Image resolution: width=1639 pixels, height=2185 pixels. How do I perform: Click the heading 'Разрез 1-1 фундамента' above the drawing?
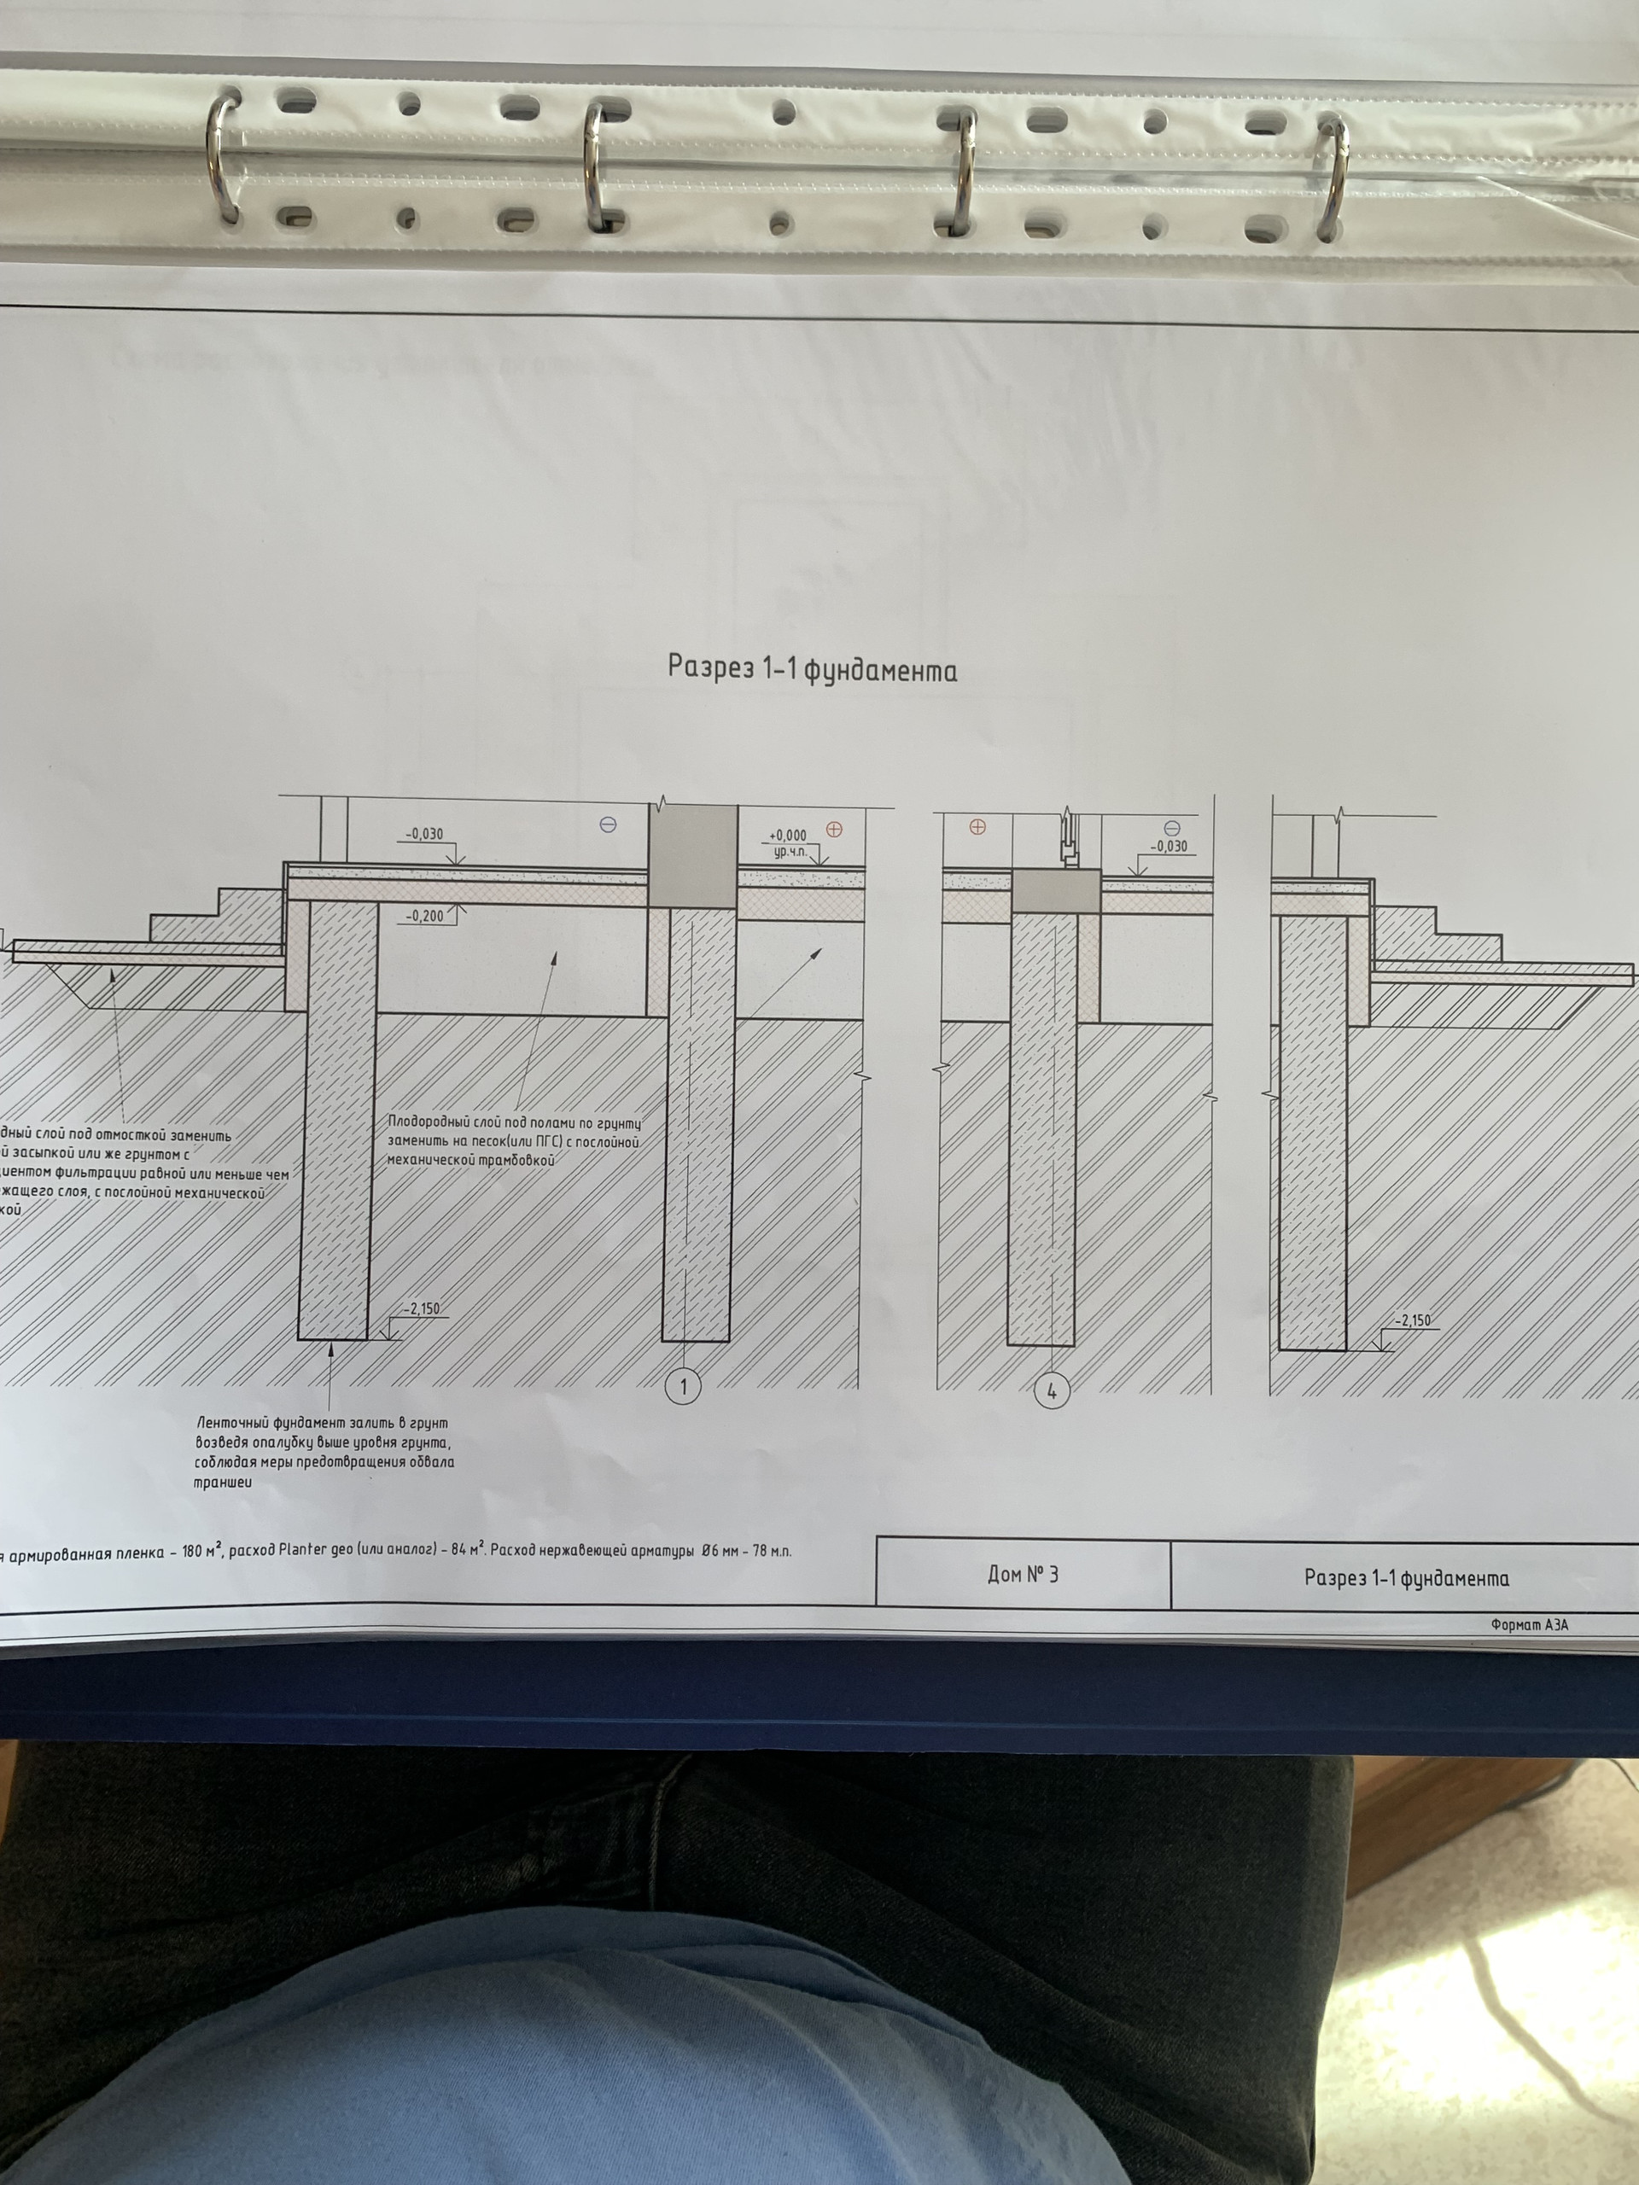(812, 670)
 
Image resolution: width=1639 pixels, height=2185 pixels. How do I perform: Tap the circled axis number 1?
(683, 1387)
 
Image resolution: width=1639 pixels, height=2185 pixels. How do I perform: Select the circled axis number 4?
(1051, 1392)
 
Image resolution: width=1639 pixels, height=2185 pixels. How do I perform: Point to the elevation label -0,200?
(425, 916)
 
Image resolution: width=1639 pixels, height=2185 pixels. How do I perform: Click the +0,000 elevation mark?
(787, 835)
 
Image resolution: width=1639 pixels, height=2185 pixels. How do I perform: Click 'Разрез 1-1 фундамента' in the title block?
(1406, 1577)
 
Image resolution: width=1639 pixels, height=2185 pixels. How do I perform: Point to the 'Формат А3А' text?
(1530, 1624)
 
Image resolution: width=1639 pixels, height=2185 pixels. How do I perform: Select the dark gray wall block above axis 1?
(692, 855)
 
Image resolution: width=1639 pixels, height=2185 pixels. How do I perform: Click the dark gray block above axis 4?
(1057, 890)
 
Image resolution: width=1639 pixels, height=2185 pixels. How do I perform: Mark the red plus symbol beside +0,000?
(834, 829)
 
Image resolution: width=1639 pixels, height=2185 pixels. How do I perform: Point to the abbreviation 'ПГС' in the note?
(548, 1142)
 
